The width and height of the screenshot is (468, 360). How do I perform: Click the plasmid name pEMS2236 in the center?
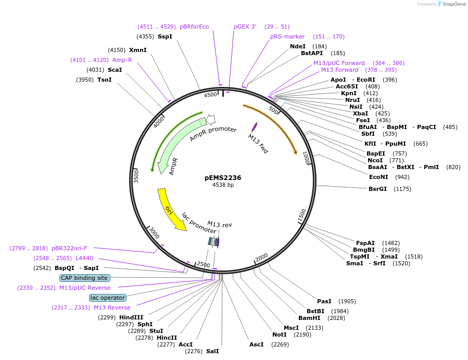[223, 177]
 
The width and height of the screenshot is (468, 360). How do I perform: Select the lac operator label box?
[108, 298]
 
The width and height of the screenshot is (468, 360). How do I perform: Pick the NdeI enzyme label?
[298, 46]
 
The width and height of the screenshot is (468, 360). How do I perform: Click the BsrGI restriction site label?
[377, 189]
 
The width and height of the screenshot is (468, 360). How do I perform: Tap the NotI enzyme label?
[280, 335]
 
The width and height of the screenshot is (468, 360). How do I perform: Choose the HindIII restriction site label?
[131, 317]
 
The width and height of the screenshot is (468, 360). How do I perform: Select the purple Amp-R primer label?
[122, 60]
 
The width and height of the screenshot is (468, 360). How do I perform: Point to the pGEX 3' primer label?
[245, 27]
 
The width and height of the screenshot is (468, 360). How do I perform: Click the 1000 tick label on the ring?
[307, 158]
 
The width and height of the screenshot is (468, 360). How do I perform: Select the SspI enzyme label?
[165, 36]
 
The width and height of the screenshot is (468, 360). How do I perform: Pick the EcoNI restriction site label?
[378, 177]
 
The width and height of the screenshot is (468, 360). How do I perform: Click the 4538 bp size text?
[223, 185]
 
